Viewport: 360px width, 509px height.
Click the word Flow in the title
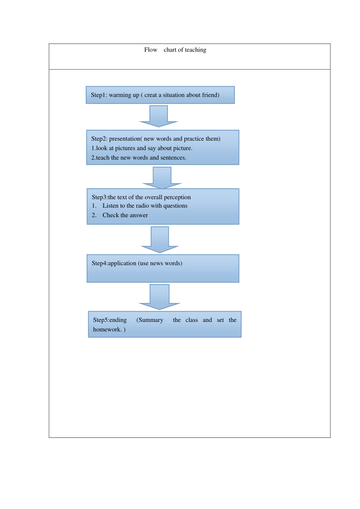click(x=150, y=50)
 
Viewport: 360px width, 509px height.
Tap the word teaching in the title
click(x=195, y=50)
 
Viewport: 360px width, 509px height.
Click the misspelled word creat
click(x=150, y=95)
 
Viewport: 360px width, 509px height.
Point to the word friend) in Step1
click(x=211, y=95)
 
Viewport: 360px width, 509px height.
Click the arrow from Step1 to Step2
click(x=159, y=116)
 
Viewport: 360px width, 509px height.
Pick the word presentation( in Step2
click(x=125, y=139)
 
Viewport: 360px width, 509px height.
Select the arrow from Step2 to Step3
click(x=162, y=178)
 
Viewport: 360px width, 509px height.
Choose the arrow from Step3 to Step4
click(x=160, y=239)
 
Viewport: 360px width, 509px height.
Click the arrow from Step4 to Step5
click(x=159, y=297)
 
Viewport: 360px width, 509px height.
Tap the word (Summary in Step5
click(x=150, y=320)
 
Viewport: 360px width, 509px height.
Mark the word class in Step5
click(x=192, y=320)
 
